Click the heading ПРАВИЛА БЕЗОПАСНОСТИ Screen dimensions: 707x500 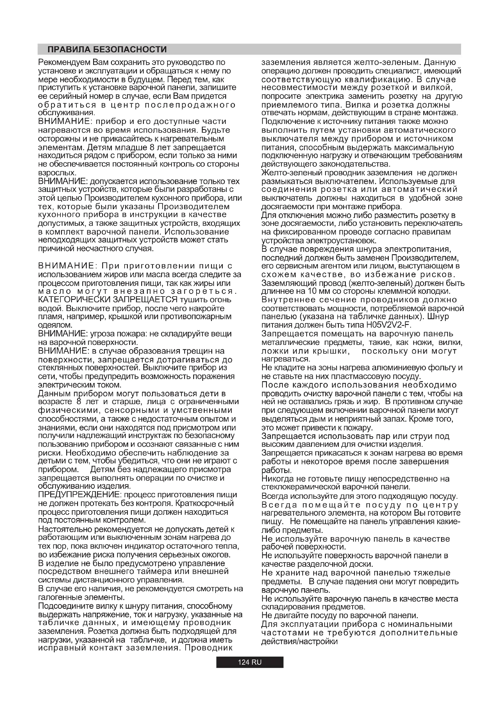107,50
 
